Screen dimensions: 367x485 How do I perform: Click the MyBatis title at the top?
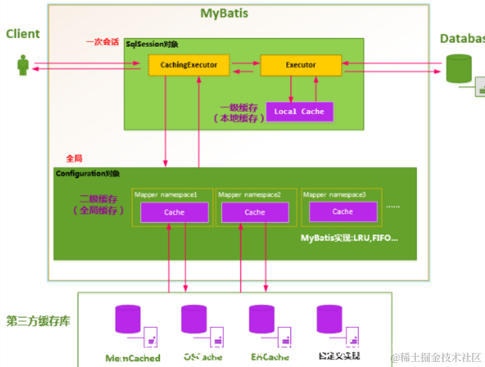click(224, 13)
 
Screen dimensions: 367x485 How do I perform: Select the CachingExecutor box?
click(188, 65)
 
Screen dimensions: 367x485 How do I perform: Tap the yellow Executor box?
click(301, 65)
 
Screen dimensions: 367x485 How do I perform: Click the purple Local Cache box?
click(299, 112)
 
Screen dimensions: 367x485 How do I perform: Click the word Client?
click(23, 34)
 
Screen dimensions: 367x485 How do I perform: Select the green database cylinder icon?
click(459, 68)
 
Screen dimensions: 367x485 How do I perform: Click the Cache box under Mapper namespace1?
click(175, 213)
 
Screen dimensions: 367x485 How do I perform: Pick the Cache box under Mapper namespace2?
click(255, 213)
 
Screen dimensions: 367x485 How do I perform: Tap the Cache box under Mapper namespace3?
click(343, 211)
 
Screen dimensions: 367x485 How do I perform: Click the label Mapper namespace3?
click(334, 195)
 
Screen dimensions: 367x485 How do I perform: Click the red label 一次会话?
click(103, 42)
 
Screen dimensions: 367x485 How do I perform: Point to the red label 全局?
click(74, 158)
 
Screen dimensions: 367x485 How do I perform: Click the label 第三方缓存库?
click(38, 321)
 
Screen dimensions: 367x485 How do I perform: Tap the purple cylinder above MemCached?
click(128, 319)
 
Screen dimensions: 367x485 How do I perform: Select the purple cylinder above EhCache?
click(262, 319)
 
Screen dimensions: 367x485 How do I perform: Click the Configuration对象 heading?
click(87, 173)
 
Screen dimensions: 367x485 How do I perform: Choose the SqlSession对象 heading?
click(152, 44)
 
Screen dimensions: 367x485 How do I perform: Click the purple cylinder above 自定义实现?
click(329, 319)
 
